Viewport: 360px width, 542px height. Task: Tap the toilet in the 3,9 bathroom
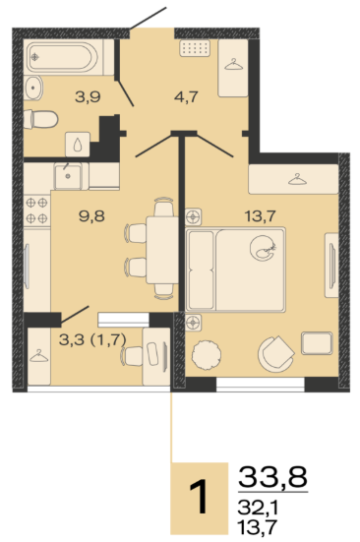coord(40,119)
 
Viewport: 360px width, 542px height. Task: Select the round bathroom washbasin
coord(32,88)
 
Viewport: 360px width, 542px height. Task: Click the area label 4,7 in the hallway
coord(186,97)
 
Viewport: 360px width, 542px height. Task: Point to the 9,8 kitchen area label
coord(91,216)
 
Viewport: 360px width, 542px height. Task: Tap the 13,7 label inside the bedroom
coord(260,216)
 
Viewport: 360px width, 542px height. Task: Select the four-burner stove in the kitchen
coord(37,211)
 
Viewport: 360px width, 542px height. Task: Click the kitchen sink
coord(68,176)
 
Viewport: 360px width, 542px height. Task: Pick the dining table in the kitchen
coord(162,250)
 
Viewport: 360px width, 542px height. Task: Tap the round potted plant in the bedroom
coord(207,355)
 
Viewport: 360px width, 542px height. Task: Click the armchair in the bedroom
coord(275,354)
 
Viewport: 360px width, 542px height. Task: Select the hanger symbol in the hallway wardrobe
coord(233,65)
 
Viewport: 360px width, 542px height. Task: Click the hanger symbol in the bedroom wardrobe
coord(297,179)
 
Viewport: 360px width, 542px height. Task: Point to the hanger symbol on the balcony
coord(39,356)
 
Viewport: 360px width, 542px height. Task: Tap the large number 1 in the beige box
coord(199,497)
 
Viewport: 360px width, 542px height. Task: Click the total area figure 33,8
coord(272,476)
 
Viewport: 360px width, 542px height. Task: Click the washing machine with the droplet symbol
coord(78,145)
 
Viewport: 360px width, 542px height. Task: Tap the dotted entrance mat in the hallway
coord(195,48)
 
